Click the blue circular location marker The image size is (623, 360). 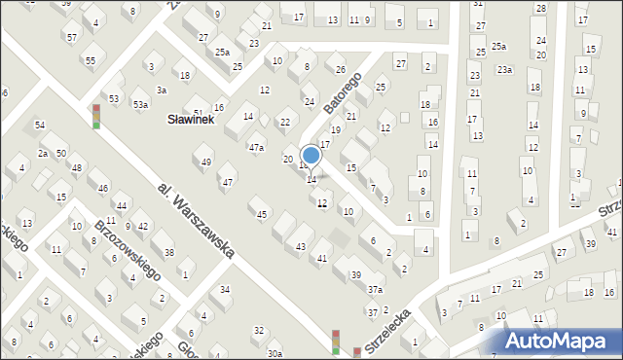tap(311, 155)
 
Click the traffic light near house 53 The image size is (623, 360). tap(95, 116)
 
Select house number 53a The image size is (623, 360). tap(141, 104)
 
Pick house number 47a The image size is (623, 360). tap(256, 147)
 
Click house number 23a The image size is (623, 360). tap(504, 69)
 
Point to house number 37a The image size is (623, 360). tap(375, 289)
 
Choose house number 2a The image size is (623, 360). tap(43, 154)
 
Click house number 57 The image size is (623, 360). tap(71, 37)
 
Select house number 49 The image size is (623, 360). tap(205, 162)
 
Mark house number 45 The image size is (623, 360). tap(261, 214)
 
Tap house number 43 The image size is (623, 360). tap(301, 247)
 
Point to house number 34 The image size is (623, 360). tap(225, 290)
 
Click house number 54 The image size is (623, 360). tap(40, 125)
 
